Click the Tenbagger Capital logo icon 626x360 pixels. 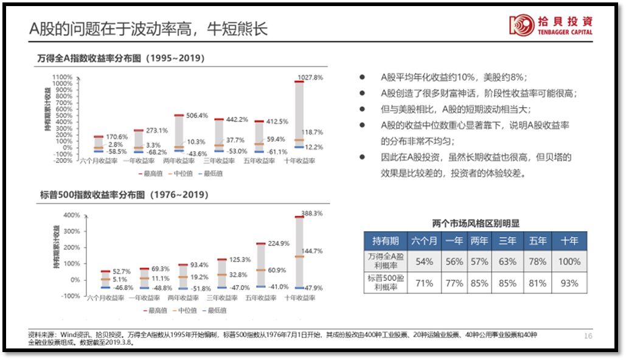click(x=521, y=25)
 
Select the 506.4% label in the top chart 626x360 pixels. click(x=197, y=115)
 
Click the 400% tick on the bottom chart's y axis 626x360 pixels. click(x=72, y=215)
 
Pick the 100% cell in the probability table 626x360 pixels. click(x=569, y=261)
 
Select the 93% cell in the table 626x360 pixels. click(x=569, y=283)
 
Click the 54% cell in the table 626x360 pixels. click(x=423, y=261)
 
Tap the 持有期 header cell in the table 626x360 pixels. click(x=384, y=241)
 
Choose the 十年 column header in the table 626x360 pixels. click(x=569, y=241)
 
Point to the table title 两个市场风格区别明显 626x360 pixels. click(x=476, y=224)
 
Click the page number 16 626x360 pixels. click(x=588, y=336)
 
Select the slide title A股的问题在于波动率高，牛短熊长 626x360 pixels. click(x=148, y=29)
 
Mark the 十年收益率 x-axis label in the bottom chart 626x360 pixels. click(x=297, y=298)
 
